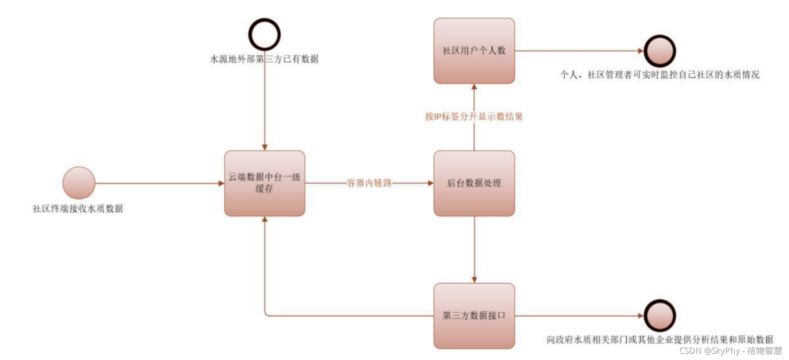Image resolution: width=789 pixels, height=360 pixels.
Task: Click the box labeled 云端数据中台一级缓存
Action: [264, 183]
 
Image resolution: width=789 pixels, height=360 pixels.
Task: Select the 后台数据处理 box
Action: [474, 183]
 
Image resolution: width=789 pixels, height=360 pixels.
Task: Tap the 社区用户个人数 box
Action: [474, 51]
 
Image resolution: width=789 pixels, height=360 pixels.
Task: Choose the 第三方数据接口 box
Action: [474, 316]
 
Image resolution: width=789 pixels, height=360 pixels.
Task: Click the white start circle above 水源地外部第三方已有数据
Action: [264, 34]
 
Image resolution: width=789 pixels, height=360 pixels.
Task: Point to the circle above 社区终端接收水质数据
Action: [79, 183]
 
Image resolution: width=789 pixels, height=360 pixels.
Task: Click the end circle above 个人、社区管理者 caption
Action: [659, 51]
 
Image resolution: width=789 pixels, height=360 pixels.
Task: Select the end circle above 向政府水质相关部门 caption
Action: [659, 315]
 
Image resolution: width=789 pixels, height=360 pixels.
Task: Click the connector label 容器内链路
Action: [369, 183]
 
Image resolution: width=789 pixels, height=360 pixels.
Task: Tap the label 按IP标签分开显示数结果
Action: [474, 117]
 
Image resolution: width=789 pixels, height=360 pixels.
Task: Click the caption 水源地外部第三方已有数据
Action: [264, 59]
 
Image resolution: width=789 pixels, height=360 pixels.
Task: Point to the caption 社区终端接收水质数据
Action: [78, 209]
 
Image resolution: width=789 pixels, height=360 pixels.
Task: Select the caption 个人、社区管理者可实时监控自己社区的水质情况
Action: [659, 75]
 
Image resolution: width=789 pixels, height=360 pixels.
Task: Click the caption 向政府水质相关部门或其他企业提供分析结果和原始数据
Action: [659, 340]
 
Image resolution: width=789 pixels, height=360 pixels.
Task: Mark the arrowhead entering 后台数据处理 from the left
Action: [430, 183]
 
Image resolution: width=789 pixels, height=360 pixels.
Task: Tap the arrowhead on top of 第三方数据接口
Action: [474, 280]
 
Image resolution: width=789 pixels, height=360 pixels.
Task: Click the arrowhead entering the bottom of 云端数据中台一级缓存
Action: [264, 219]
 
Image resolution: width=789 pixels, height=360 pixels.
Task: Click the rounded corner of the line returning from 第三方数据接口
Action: [266, 314]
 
